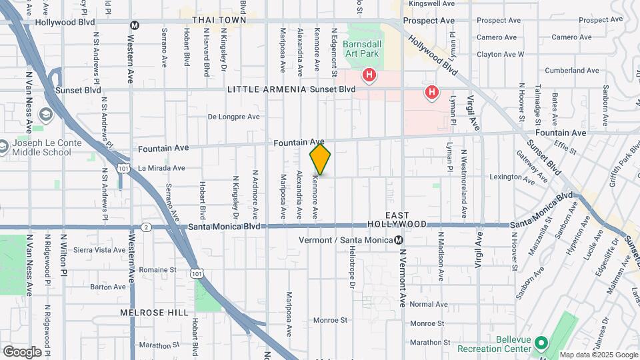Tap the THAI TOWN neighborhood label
pyautogui.click(x=219, y=20)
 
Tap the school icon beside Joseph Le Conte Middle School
pyautogui.click(x=45, y=115)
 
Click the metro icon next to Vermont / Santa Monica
pyautogui.click(x=399, y=240)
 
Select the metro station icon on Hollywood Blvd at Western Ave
pyautogui.click(x=135, y=25)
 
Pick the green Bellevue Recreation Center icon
pyautogui.click(x=541, y=343)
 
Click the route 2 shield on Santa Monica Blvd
pyautogui.click(x=145, y=227)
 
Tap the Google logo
pyautogui.click(x=22, y=351)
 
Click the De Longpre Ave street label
pyautogui.click(x=233, y=117)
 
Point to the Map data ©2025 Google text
pyautogui.click(x=598, y=355)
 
